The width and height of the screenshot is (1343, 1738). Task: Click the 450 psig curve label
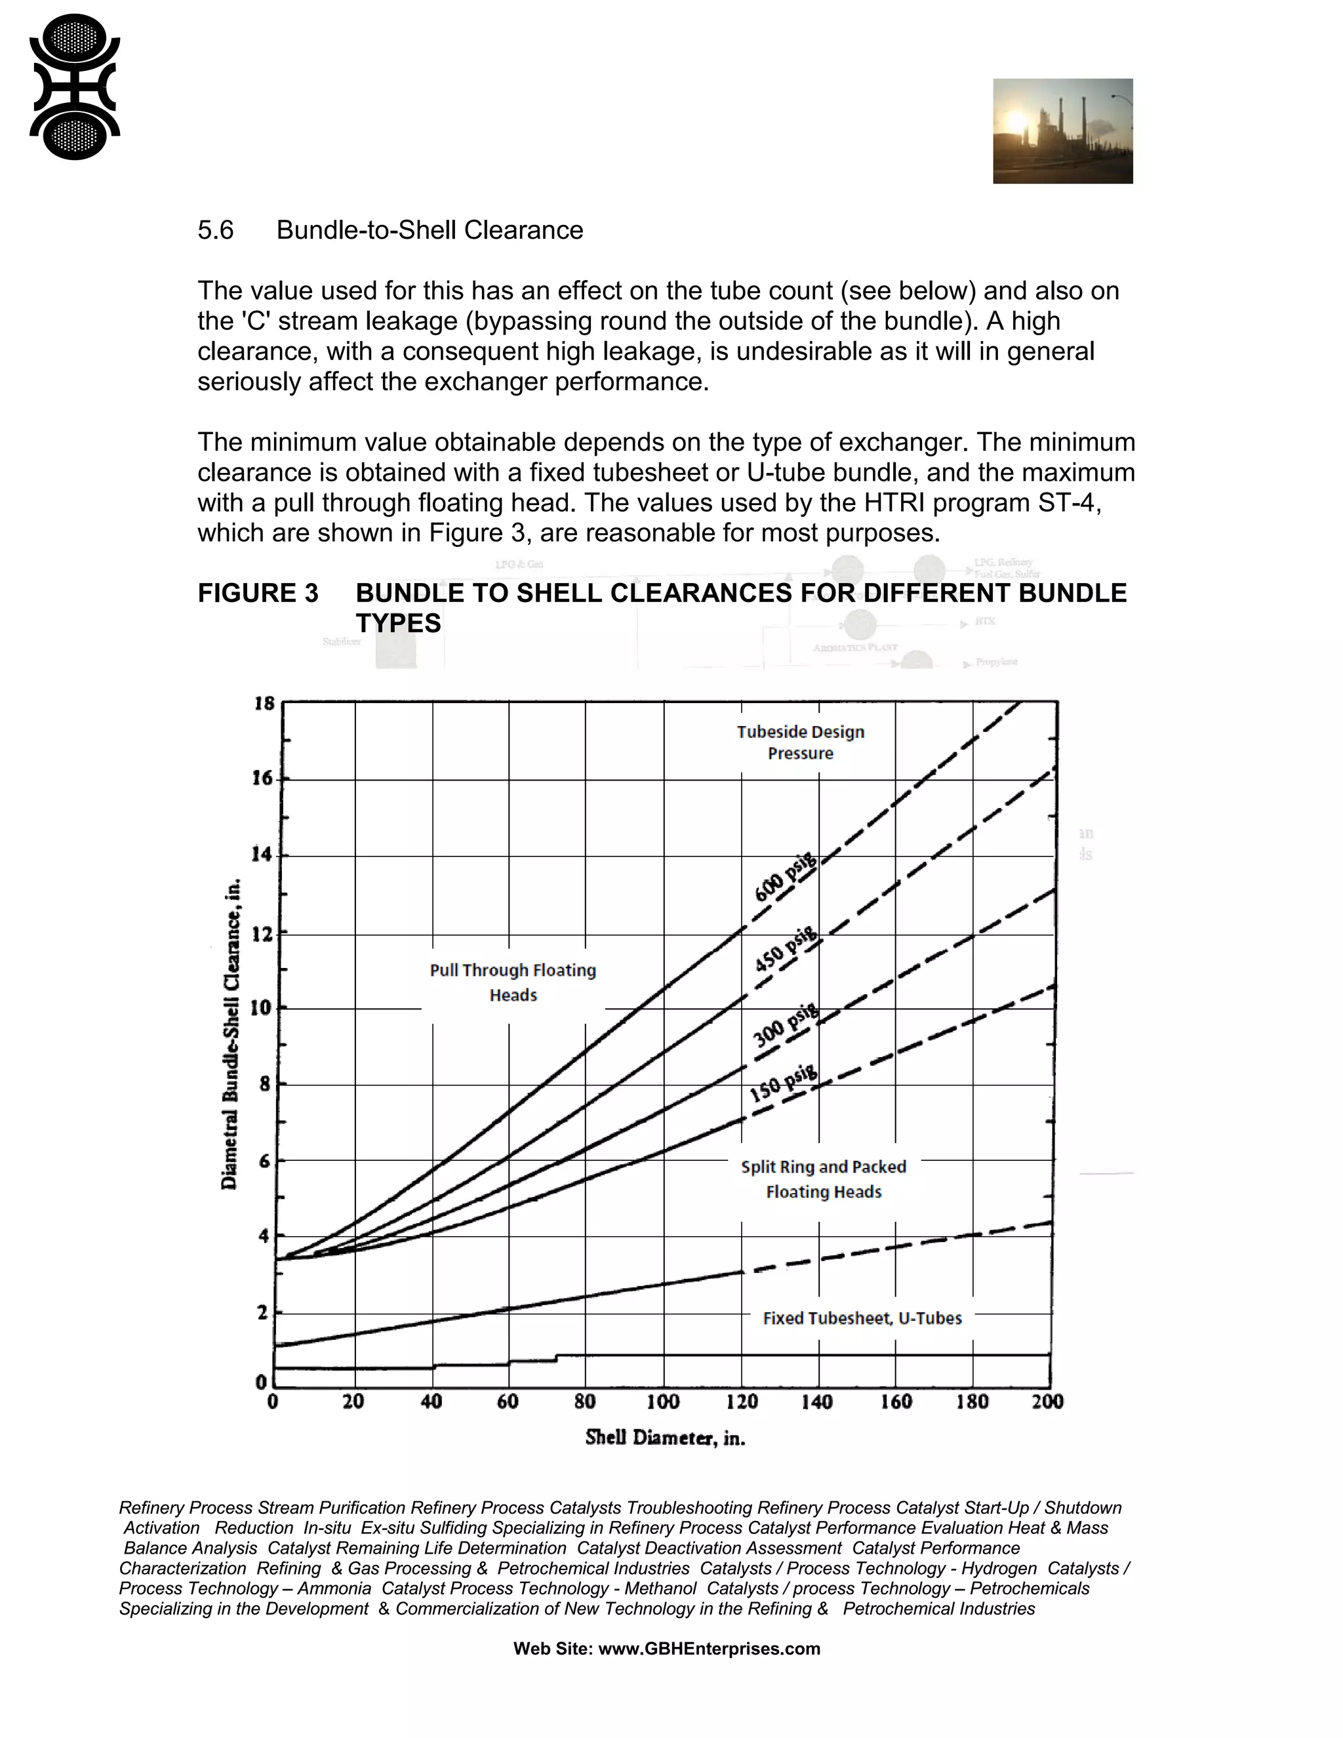(x=785, y=951)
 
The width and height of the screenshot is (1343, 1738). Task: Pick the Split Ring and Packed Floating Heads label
(x=824, y=1179)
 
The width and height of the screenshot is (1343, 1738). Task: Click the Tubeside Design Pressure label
(x=801, y=742)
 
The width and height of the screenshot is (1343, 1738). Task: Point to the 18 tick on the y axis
(x=264, y=704)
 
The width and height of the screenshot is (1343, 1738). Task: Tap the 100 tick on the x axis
(x=663, y=1402)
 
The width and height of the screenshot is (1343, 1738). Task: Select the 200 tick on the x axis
(x=1048, y=1402)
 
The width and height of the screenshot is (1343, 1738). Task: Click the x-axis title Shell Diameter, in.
(x=665, y=1437)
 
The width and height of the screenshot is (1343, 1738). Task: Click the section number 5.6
(x=216, y=230)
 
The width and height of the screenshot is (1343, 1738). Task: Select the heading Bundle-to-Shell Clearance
(x=430, y=230)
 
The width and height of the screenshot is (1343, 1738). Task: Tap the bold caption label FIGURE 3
(x=258, y=593)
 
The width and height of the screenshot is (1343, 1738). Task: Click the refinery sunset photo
(x=1062, y=131)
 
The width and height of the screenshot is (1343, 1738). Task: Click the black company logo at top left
(x=75, y=87)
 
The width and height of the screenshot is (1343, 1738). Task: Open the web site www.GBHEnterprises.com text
(x=667, y=1648)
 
